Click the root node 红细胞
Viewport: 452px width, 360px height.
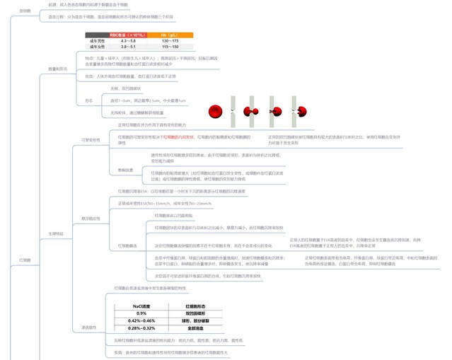[x=25, y=260]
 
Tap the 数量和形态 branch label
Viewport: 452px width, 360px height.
[x=57, y=69]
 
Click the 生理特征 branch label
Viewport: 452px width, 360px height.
[x=57, y=233]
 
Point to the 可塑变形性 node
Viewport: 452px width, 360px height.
[x=91, y=141]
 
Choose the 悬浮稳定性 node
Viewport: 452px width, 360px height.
[x=91, y=219]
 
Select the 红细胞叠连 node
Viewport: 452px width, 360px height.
[x=127, y=245]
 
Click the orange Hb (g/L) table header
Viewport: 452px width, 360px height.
[x=170, y=35]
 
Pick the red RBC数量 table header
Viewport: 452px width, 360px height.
[x=127, y=35]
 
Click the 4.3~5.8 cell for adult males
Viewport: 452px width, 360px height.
[x=127, y=41]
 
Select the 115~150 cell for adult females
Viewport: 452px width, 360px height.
[x=170, y=47]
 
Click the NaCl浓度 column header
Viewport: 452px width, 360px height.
[x=141, y=306]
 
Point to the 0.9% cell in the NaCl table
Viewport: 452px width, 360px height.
[x=141, y=313]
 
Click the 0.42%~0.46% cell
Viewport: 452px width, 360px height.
[x=141, y=321]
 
